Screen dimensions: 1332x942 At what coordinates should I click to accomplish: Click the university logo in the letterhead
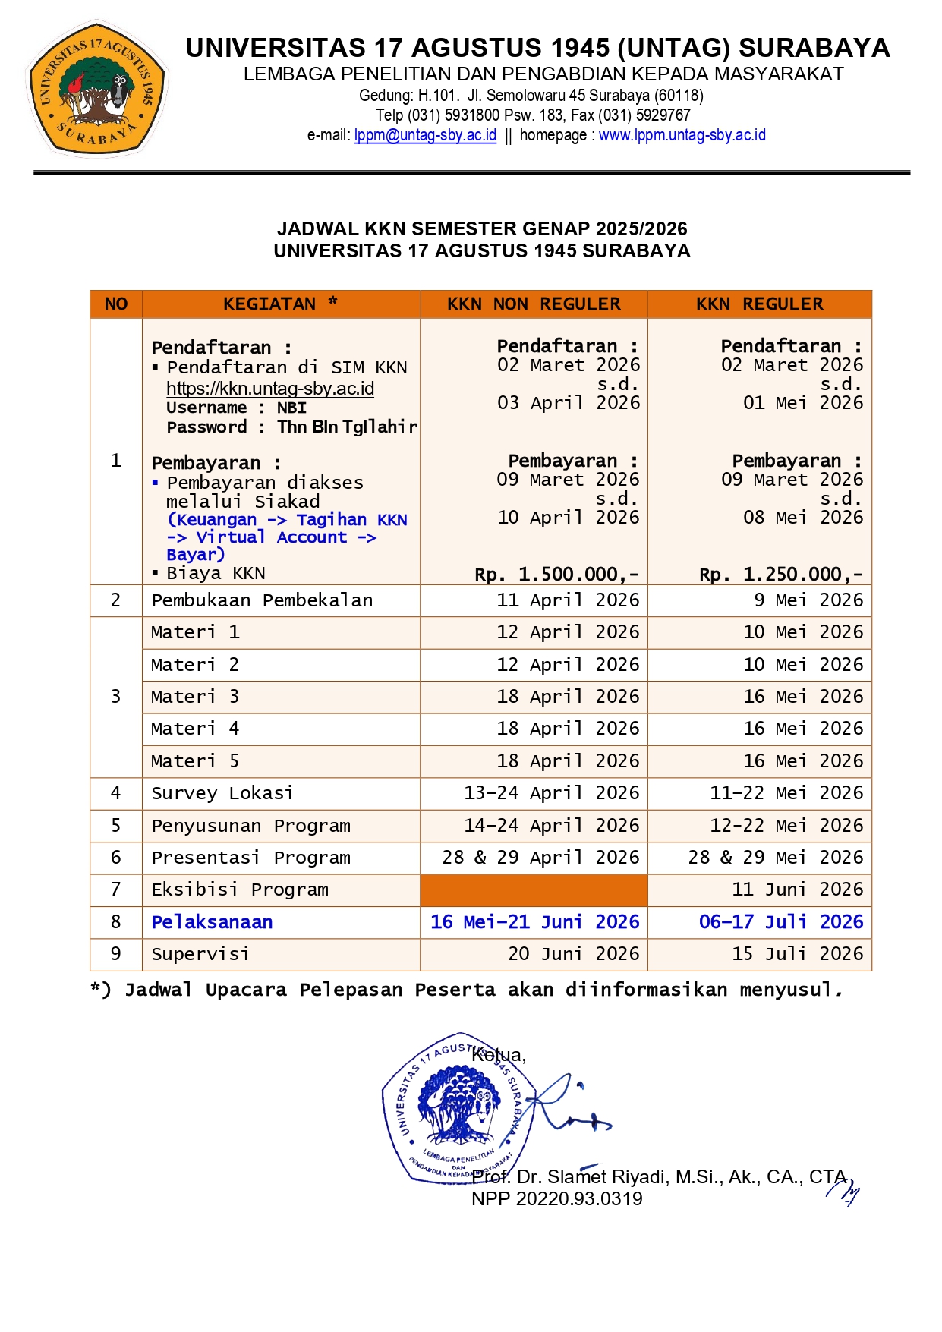[96, 89]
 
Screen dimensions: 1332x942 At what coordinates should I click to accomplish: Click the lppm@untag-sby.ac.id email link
[425, 135]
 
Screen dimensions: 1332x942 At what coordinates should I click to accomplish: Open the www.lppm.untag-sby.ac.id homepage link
[682, 135]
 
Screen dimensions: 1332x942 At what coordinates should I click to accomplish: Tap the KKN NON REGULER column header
[534, 304]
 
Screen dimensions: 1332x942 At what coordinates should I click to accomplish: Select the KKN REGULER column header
[759, 304]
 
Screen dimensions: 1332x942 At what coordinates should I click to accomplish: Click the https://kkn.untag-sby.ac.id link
[270, 389]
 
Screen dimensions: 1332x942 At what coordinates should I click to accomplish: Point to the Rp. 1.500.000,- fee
[557, 574]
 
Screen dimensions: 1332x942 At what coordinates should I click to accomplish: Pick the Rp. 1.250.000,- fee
[781, 574]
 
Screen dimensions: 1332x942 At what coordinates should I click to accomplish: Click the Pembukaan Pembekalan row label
[262, 600]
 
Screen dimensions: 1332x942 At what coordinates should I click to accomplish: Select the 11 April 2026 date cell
[568, 600]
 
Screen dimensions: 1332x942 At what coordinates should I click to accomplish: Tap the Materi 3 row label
[195, 697]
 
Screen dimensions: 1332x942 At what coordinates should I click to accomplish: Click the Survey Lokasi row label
[222, 793]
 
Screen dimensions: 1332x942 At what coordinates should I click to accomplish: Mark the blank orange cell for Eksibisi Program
[534, 890]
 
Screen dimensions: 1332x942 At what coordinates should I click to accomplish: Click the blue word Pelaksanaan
[212, 922]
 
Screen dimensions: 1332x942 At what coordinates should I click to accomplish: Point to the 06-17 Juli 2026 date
[781, 922]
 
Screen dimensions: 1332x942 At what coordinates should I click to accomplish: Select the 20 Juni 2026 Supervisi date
[574, 954]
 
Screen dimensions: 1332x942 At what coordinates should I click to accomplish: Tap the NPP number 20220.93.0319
[556, 1199]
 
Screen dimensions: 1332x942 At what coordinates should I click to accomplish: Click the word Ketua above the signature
[498, 1055]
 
